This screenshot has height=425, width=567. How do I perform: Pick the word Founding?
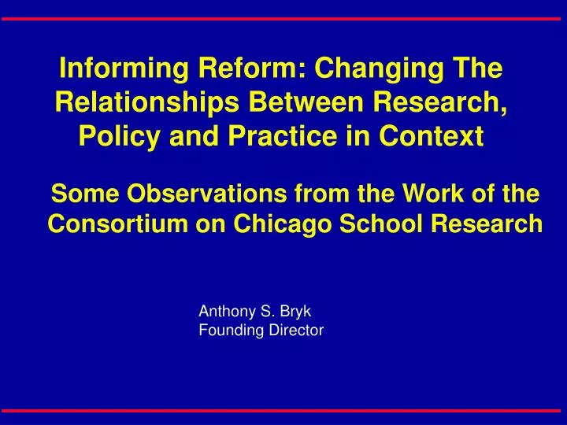point(227,331)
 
